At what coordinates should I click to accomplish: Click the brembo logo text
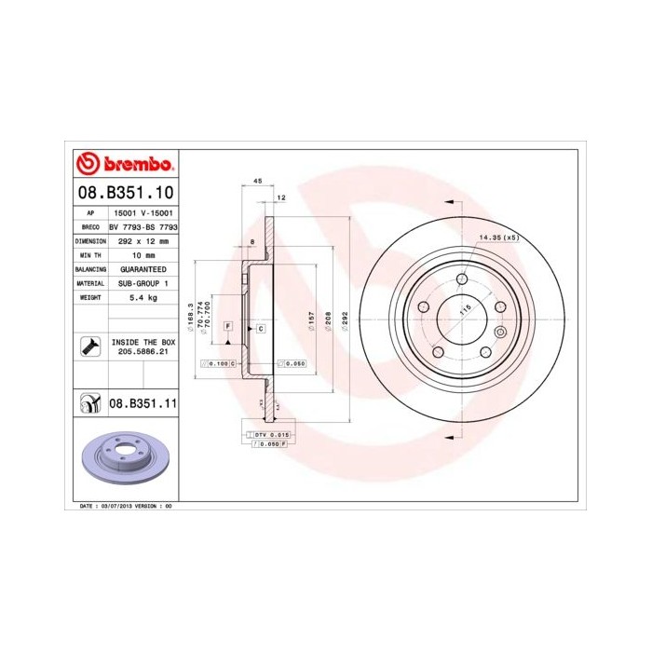coord(133,165)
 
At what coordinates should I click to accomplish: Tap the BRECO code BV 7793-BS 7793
coord(144,226)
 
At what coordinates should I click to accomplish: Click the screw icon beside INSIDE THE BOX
coord(88,347)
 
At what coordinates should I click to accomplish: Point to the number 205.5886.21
coord(143,352)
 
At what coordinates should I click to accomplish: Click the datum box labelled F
coord(227,324)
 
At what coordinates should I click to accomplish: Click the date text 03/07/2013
coord(115,505)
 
